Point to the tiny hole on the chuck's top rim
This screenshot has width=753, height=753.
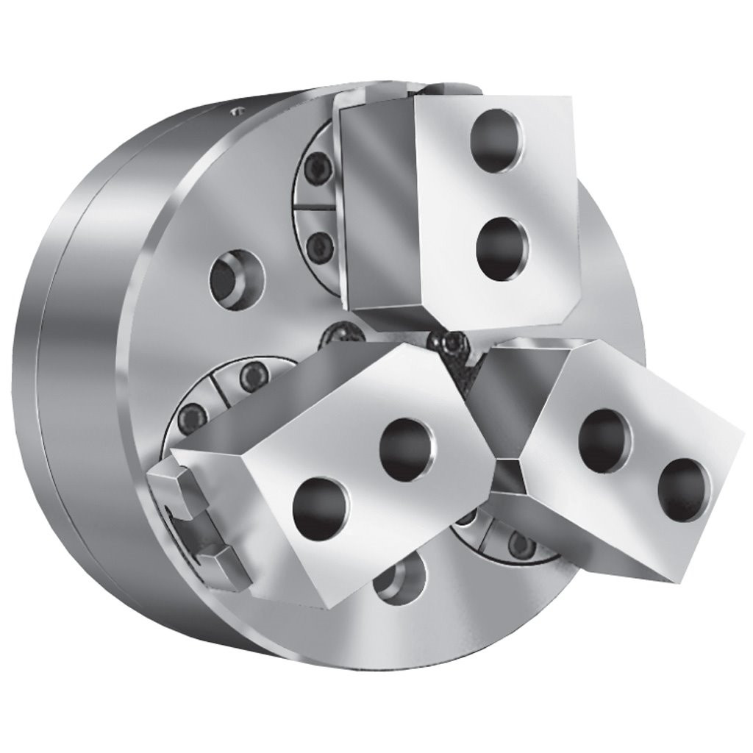235,112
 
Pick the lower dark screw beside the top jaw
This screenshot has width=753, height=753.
318,243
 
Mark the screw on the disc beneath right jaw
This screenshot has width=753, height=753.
521,545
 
